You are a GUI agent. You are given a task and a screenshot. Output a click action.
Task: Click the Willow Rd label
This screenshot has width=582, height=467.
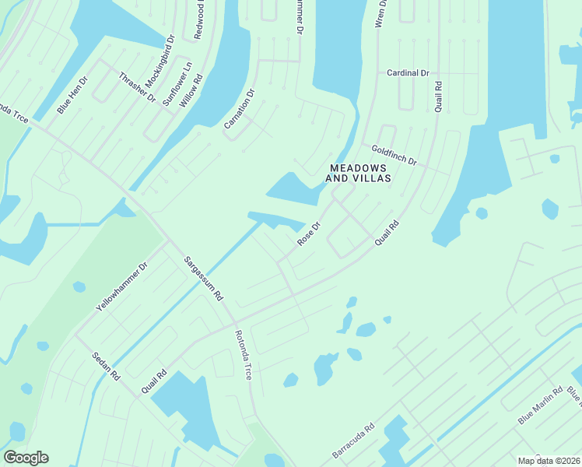tap(191, 90)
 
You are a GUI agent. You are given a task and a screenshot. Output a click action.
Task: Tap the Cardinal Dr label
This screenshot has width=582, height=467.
tap(408, 73)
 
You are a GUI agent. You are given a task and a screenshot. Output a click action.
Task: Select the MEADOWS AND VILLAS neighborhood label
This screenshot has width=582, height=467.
tap(359, 173)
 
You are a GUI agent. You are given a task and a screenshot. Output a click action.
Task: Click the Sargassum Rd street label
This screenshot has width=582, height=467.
tap(203, 278)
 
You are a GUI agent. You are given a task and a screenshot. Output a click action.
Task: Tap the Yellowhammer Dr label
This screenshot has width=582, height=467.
tap(121, 287)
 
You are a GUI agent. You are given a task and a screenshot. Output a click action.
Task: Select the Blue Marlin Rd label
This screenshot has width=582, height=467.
tap(540, 406)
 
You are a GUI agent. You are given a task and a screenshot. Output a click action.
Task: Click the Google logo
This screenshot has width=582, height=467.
tap(26, 458)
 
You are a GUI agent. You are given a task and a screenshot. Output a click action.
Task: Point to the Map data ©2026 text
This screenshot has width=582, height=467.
tap(548, 461)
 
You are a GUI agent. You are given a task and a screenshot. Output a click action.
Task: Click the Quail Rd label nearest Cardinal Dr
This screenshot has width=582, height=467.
tap(439, 95)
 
